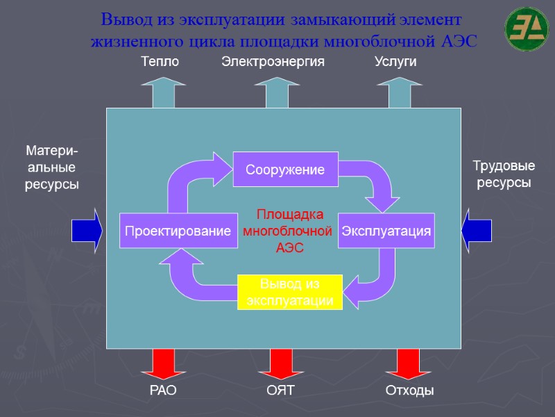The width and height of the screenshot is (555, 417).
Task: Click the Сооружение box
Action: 285,169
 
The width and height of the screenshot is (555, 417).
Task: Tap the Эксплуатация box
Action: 386,231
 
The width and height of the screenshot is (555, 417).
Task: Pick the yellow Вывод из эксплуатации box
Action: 291,292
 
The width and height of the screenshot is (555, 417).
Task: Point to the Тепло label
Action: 160,62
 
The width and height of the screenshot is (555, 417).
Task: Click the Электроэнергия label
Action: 273,62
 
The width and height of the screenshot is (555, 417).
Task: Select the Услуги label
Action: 395,62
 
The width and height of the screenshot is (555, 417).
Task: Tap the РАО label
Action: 164,391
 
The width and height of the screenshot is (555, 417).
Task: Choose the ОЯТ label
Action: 281,391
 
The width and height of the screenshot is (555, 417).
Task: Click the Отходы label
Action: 409,391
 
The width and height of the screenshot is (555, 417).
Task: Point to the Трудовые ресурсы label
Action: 503,174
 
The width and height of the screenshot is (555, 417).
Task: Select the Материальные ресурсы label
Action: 52,167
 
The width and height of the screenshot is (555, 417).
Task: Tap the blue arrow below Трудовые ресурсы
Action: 477,230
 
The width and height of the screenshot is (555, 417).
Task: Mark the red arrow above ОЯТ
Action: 281,363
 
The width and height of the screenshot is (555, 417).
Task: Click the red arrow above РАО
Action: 164,363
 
